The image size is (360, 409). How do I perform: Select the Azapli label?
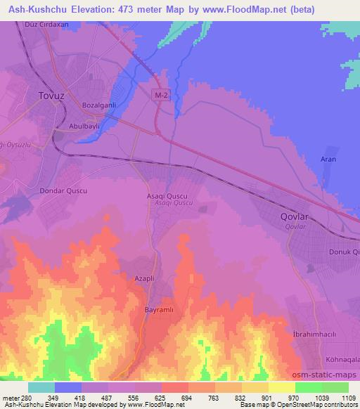coord(144,278)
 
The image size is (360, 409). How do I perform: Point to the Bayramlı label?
coord(158,310)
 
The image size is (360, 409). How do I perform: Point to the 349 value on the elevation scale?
coord(41,398)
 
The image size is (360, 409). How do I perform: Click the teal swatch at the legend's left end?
coord(41,387)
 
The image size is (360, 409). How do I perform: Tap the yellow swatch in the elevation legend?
coord(282,387)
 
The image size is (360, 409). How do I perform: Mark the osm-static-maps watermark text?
coord(329,374)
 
